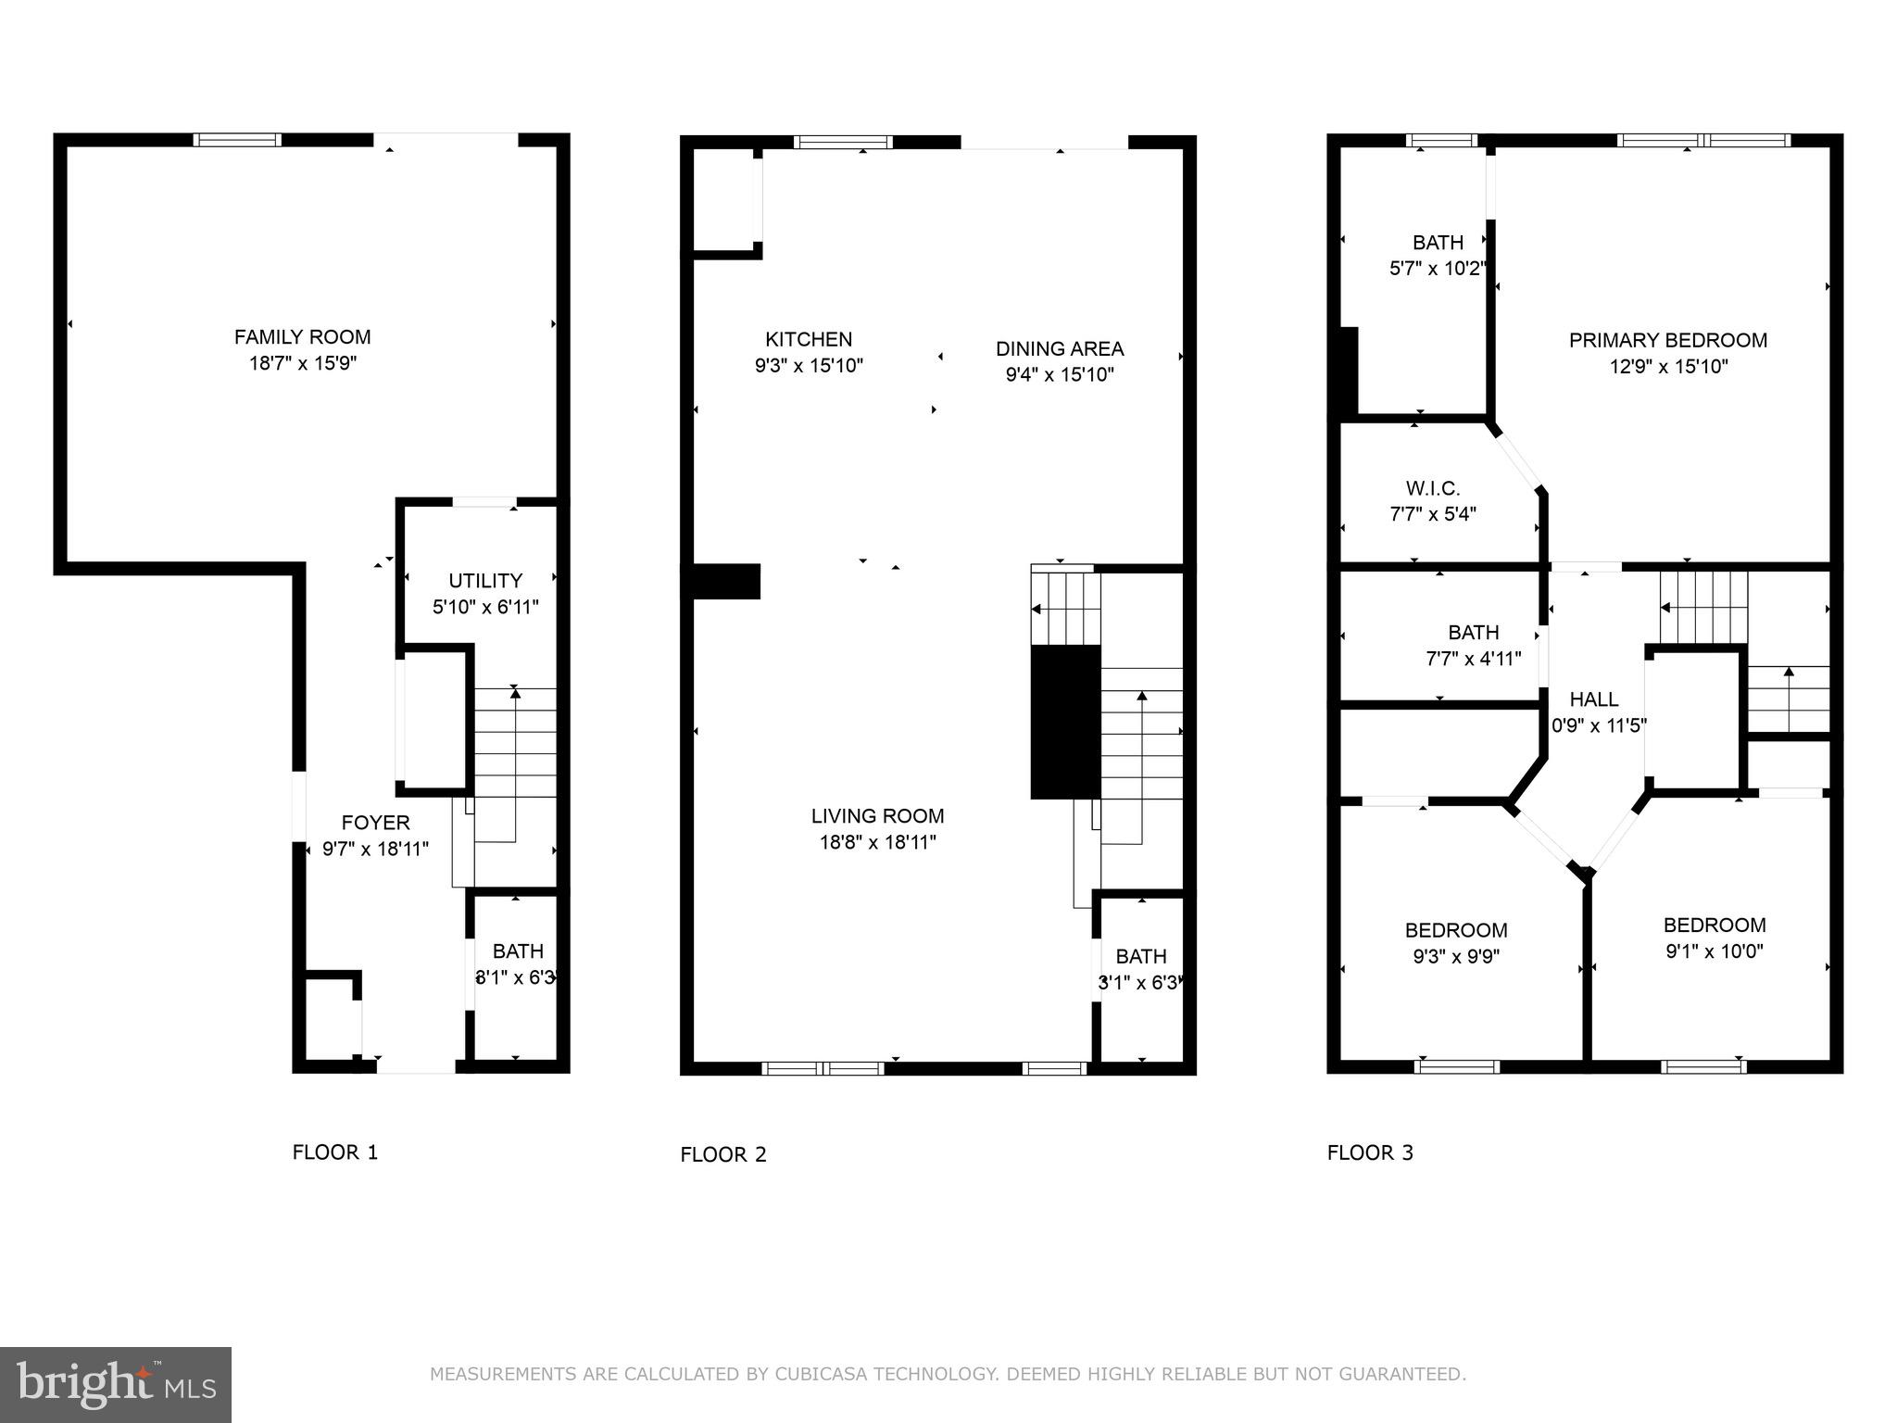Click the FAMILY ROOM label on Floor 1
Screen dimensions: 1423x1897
[x=302, y=337]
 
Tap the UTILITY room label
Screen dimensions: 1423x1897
[x=485, y=581]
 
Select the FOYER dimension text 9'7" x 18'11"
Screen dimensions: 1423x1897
[x=375, y=849]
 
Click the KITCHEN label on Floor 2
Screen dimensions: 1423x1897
[x=809, y=339]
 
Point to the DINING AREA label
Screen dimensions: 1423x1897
[x=1060, y=349]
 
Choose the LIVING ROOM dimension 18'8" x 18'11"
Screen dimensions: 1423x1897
[x=878, y=842]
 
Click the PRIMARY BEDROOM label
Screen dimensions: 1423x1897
[x=1668, y=340]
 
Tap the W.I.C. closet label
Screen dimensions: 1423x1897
[x=1432, y=488]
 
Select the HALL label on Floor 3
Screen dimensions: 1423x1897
[x=1594, y=699]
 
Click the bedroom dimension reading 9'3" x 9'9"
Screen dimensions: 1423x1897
[x=1456, y=956]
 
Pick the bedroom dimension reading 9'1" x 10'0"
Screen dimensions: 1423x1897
[x=1715, y=951]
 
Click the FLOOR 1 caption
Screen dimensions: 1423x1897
[x=335, y=1152]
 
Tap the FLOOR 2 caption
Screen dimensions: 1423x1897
[x=723, y=1154]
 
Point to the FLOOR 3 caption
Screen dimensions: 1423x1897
[x=1370, y=1152]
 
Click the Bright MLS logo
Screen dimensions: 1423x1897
[x=116, y=1384]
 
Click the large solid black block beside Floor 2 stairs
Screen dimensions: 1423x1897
[x=1065, y=722]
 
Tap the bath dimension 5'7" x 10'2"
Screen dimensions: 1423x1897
[x=1438, y=269]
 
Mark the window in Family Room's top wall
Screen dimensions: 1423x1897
[x=236, y=140]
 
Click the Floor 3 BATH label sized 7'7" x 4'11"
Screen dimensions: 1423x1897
[x=1473, y=633]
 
